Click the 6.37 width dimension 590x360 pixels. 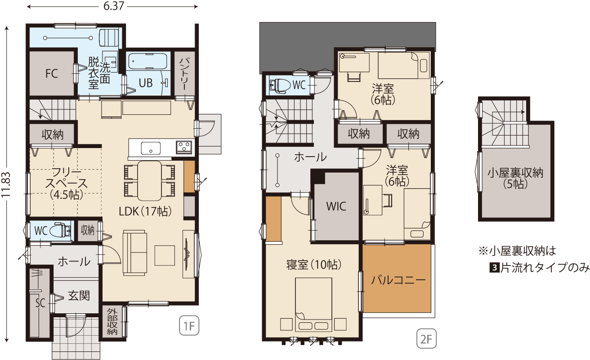(x=113, y=6)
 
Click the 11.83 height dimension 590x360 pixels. (x=6, y=184)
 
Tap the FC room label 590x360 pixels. (x=52, y=73)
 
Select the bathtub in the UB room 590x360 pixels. (x=147, y=61)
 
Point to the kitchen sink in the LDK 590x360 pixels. (x=151, y=148)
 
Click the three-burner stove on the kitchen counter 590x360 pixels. (x=184, y=147)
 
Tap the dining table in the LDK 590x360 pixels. (x=150, y=181)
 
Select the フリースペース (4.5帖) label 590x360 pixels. (x=67, y=184)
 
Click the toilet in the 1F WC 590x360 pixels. (x=60, y=230)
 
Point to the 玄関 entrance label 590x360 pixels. (x=79, y=296)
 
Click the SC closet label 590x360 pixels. (x=40, y=303)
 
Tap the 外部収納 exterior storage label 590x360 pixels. (x=112, y=321)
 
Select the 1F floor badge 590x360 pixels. (x=189, y=326)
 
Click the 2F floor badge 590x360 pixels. (x=426, y=339)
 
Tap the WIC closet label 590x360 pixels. (x=336, y=207)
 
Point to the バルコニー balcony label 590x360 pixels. (x=398, y=280)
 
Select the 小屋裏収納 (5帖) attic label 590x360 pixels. (x=515, y=178)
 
